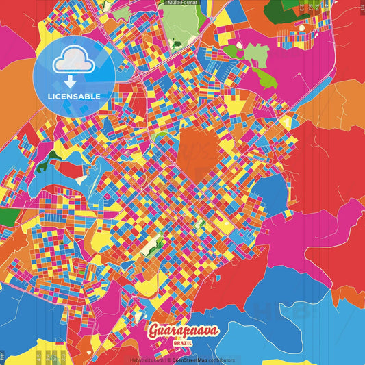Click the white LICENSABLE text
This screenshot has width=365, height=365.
pyautogui.click(x=74, y=96)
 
